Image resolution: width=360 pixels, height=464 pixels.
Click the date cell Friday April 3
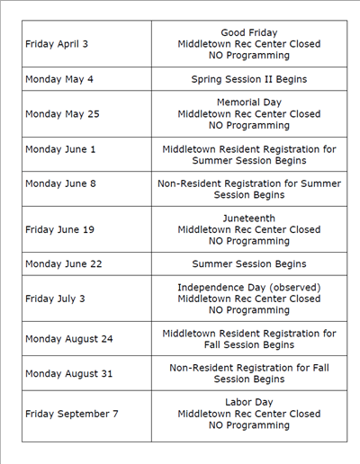tap(57, 43)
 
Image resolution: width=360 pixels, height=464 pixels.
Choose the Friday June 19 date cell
tap(59, 229)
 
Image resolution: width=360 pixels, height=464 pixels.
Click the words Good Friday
tap(249, 32)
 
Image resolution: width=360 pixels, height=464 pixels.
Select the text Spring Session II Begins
tap(249, 79)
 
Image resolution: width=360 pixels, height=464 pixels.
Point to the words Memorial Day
tap(249, 103)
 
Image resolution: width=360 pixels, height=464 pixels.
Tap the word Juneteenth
tap(249, 218)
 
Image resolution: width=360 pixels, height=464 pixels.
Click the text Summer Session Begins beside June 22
tap(249, 264)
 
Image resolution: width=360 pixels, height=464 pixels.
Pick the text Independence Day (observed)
tap(249, 287)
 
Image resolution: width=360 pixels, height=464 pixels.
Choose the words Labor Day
tap(249, 402)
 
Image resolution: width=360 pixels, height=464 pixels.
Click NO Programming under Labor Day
tap(249, 425)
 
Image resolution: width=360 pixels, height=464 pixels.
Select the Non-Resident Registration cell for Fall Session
tap(249, 373)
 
